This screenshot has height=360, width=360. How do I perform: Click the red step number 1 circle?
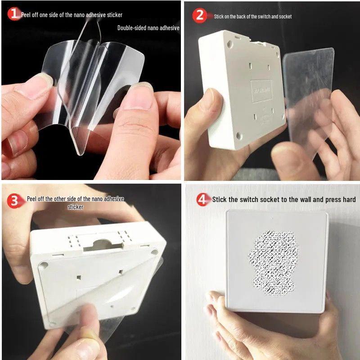[x=14, y=14]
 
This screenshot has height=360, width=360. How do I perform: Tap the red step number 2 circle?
[x=199, y=16]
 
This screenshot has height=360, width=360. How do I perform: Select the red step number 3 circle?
[x=14, y=201]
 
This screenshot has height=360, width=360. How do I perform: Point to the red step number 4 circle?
[x=203, y=199]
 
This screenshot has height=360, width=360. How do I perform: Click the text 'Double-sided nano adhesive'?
[x=148, y=28]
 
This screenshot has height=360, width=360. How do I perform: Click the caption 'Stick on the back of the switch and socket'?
[x=252, y=17]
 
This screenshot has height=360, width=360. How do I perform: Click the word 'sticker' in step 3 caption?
[x=75, y=207]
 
